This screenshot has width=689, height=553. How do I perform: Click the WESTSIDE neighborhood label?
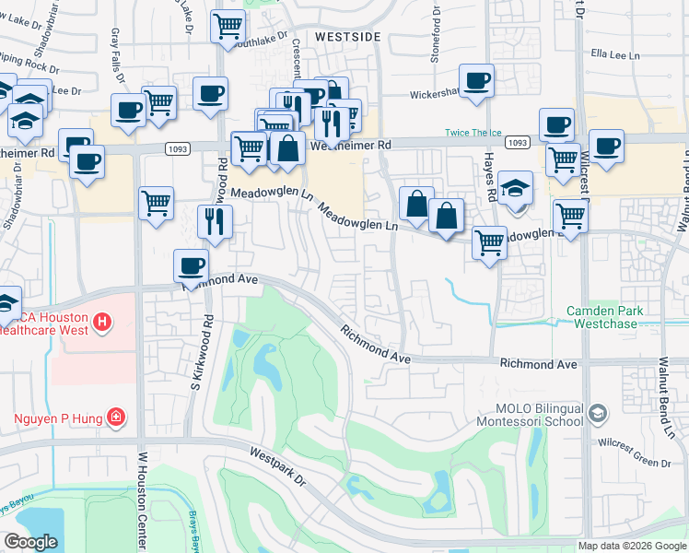point(347,36)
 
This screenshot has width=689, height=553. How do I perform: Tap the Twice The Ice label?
point(478,133)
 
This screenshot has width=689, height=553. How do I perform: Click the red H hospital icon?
point(103,323)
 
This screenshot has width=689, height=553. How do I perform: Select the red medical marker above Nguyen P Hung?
point(117,418)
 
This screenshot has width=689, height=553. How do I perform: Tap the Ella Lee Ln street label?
point(614,55)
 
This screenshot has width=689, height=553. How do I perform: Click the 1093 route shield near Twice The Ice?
point(519,143)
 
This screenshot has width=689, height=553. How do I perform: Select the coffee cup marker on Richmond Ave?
point(192,266)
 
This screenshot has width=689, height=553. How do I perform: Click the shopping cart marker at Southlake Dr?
point(228,26)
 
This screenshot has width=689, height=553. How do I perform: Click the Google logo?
point(30,542)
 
